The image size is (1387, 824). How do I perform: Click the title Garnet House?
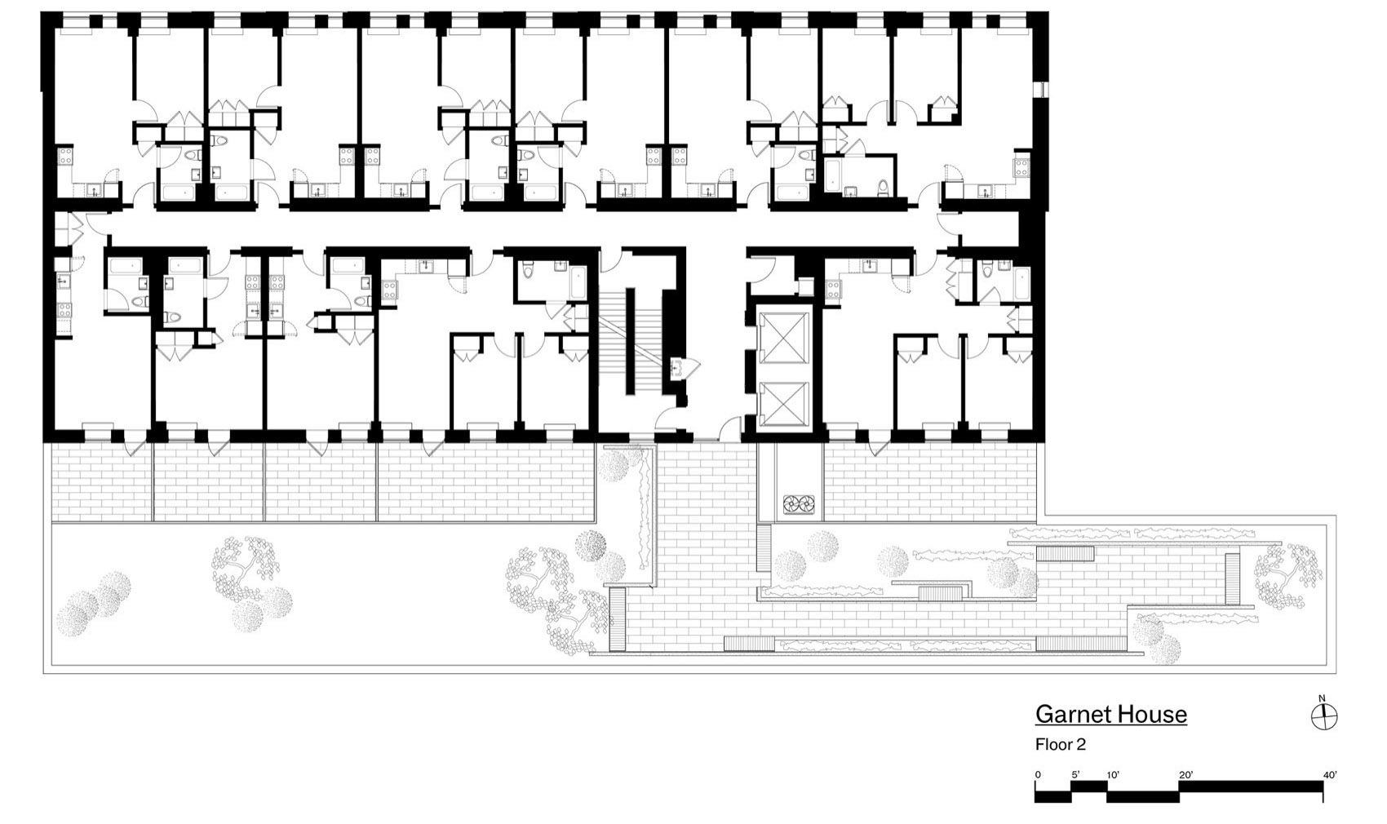pos(1110,715)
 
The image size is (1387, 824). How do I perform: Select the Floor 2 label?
pos(1060,744)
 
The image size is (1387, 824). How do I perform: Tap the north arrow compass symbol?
pos(1323,716)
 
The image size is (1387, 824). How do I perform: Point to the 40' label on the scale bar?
pos(1329,774)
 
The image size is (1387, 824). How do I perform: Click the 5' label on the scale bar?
pos(1075,774)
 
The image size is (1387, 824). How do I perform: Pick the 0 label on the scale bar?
pos(1038,774)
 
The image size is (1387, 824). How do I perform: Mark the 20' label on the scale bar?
pos(1185,774)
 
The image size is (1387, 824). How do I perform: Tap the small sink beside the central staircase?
pos(677,369)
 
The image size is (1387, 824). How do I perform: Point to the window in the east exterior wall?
pos(1042,90)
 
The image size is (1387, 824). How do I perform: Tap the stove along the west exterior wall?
pos(64,312)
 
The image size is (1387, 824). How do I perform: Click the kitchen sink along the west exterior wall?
pos(63,281)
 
